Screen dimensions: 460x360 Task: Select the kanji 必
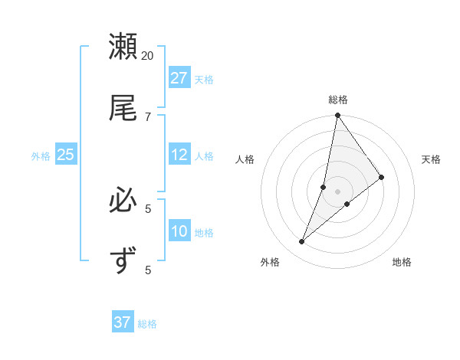point(123,201)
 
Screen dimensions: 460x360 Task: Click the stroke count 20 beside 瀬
point(148,55)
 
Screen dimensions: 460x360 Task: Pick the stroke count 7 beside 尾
point(148,116)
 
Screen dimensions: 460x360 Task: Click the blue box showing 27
point(179,78)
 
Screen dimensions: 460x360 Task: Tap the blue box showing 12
point(179,155)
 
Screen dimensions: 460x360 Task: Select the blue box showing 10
point(179,231)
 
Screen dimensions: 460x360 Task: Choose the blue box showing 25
point(65,155)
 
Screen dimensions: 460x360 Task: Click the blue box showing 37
point(123,322)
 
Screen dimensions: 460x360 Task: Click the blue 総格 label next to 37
point(147,324)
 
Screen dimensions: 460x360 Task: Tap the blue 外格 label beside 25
point(41,156)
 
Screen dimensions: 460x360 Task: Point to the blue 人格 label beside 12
point(204,156)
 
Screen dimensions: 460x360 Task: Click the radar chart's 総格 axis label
point(338,100)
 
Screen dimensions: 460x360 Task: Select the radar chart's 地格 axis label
point(402,262)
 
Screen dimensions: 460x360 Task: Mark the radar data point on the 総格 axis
point(337,116)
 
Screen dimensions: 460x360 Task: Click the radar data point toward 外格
point(302,242)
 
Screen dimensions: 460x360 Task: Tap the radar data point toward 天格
point(381,177)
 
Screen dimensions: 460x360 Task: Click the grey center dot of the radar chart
point(337,191)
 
